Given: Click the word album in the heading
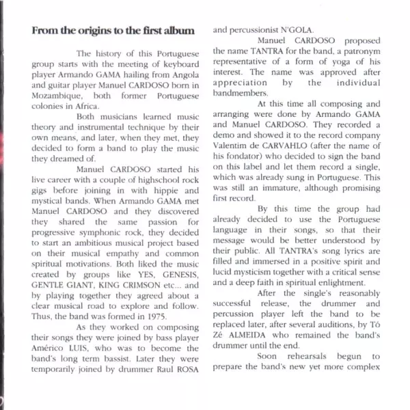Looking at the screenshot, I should tap(181, 31).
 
